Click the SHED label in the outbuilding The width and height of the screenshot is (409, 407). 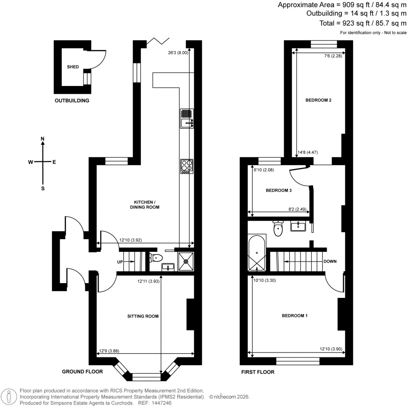coord(73,67)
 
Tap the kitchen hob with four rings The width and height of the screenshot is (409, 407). coord(187,167)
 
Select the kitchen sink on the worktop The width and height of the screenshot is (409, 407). coord(187,119)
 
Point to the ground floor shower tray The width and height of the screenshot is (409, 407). coord(186,262)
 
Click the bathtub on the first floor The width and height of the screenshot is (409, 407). coord(256,253)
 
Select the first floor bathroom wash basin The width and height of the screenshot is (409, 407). coord(298,227)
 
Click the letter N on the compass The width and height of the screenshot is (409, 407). coord(43,139)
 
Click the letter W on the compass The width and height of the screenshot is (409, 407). coord(30,162)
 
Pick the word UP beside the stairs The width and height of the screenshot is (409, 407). coord(120,262)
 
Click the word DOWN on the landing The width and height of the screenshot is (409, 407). coord(330,262)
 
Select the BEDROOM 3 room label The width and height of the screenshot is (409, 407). coord(279,191)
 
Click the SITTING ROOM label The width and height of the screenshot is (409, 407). coord(143,316)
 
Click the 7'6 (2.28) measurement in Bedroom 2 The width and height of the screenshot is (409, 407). coord(333,56)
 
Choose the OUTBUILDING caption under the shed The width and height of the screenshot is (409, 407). coord(72,100)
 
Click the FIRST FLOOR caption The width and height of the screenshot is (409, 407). coord(258,372)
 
